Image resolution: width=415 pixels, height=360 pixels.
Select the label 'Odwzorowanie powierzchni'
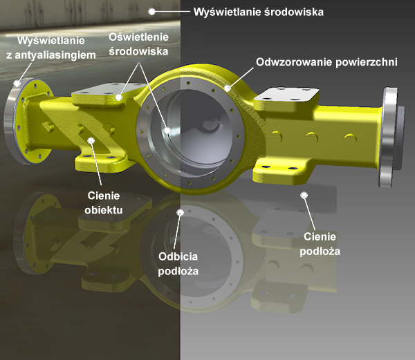click(x=326, y=62)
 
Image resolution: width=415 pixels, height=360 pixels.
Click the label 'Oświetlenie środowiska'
click(x=138, y=44)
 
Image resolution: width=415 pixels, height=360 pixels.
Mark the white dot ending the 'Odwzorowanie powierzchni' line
click(x=228, y=88)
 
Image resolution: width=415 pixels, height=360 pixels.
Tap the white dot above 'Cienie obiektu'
click(x=91, y=140)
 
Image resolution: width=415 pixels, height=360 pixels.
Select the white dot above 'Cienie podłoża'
click(x=303, y=196)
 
